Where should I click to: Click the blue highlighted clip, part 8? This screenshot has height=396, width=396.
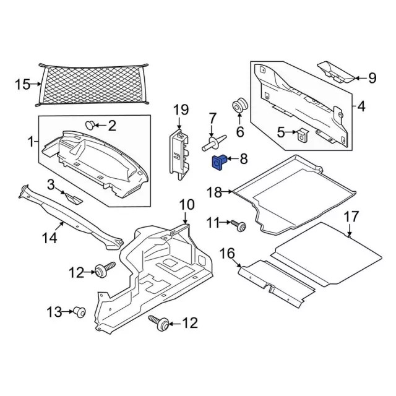[x=219, y=162]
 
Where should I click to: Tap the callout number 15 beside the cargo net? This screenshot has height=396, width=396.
[x=22, y=84]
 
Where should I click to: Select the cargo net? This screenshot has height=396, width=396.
[x=93, y=84]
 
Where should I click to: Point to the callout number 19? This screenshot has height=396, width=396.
[x=180, y=110]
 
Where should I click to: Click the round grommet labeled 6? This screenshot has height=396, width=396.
[x=239, y=106]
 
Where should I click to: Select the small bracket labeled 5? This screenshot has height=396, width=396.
[x=302, y=134]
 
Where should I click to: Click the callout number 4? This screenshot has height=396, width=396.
[x=361, y=106]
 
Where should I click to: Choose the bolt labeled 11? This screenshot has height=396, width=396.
[x=239, y=226]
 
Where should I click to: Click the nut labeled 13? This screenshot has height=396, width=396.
[x=79, y=312]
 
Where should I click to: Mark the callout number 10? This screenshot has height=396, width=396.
[x=187, y=205]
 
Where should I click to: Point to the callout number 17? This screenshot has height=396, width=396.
[x=351, y=217]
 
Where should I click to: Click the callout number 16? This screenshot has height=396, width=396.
[x=227, y=252]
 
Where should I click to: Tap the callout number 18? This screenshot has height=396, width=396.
[x=214, y=192]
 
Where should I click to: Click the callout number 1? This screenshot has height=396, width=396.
[x=30, y=142]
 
